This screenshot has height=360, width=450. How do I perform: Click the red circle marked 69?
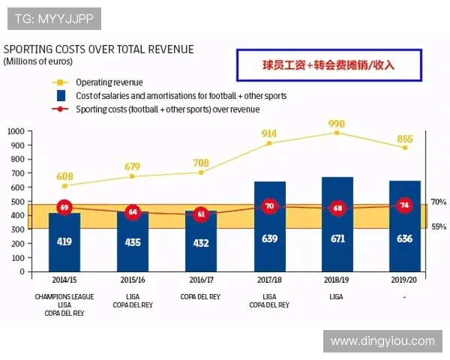[64, 207]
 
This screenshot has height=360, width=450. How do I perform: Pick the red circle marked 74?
[405, 205]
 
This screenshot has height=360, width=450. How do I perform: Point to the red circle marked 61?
[200, 214]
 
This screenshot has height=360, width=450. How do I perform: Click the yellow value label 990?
[337, 124]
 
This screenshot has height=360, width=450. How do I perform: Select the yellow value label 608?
[64, 176]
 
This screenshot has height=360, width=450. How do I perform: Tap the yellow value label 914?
[269, 133]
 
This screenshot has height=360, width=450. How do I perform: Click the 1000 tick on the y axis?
[16, 131]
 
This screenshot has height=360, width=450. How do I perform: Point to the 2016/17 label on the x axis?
[200, 279]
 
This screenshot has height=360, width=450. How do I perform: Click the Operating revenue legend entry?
[109, 82]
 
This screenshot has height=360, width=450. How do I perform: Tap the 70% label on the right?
[439, 202]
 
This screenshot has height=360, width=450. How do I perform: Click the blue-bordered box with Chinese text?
[328, 65]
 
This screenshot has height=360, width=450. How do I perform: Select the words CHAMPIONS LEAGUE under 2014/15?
[64, 297]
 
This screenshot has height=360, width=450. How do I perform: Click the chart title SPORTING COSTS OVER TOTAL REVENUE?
[99, 49]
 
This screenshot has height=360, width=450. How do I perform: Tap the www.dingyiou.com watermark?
[382, 341]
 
